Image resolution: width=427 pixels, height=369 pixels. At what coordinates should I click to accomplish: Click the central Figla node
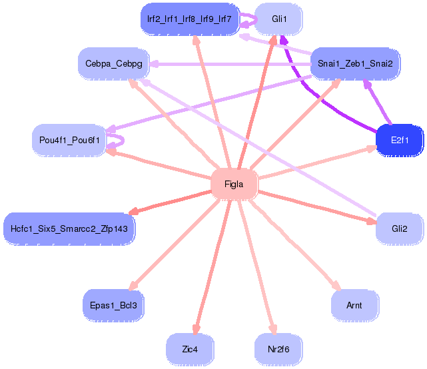[x=234, y=184]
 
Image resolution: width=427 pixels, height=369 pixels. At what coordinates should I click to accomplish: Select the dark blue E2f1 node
[x=399, y=141]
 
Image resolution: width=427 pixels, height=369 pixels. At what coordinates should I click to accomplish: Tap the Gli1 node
[x=279, y=19]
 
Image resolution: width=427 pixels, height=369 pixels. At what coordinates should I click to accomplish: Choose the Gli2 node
[x=399, y=228]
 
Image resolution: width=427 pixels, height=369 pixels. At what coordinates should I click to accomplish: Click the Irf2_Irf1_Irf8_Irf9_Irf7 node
[x=189, y=19]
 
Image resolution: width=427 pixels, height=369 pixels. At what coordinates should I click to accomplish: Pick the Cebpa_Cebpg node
[x=113, y=63]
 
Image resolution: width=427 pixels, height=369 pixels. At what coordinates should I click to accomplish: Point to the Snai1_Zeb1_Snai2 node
[x=353, y=63]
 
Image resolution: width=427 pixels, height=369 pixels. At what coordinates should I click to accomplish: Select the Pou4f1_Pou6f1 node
[x=69, y=140]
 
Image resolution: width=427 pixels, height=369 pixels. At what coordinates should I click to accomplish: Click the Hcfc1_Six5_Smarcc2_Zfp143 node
[x=70, y=228]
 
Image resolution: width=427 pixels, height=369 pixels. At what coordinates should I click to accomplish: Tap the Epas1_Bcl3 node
[x=113, y=305]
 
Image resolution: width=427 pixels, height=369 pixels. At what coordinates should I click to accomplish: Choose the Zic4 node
[x=190, y=349]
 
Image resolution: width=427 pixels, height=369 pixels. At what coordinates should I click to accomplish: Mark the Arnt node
[x=354, y=305]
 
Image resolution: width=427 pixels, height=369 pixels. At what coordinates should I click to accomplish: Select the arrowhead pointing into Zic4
[x=195, y=330]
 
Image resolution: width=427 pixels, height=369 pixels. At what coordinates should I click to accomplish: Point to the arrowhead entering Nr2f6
[x=272, y=329]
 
